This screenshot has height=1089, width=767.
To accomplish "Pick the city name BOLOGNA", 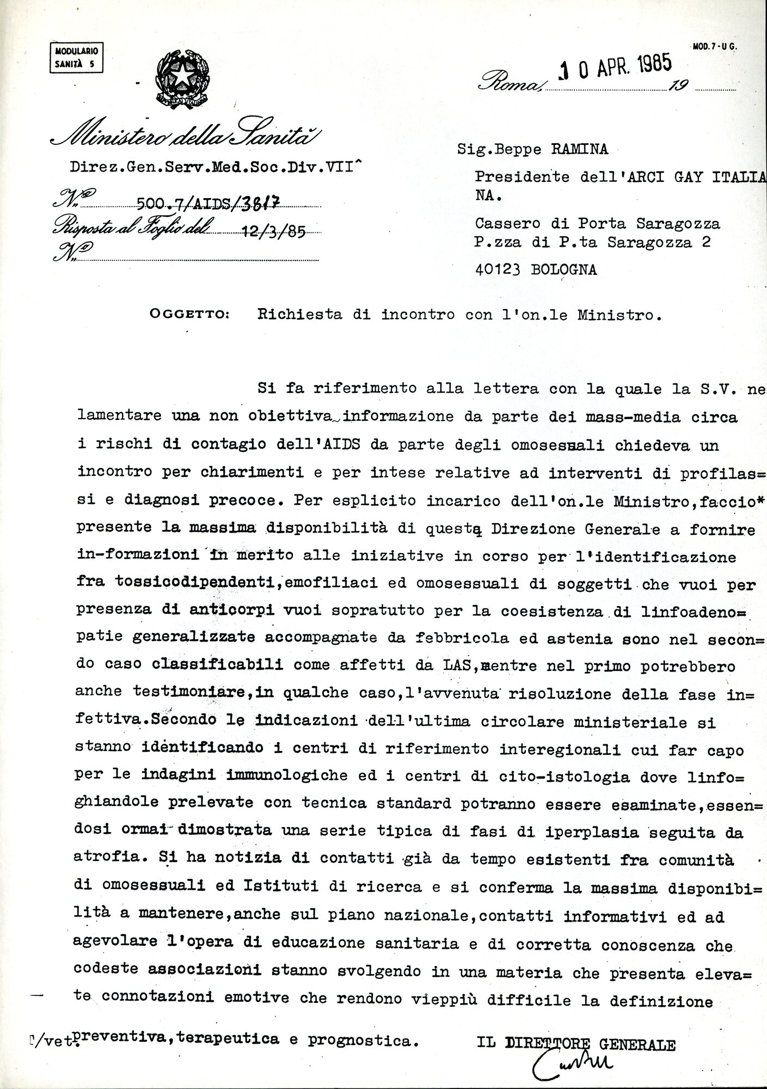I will [x=563, y=270].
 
